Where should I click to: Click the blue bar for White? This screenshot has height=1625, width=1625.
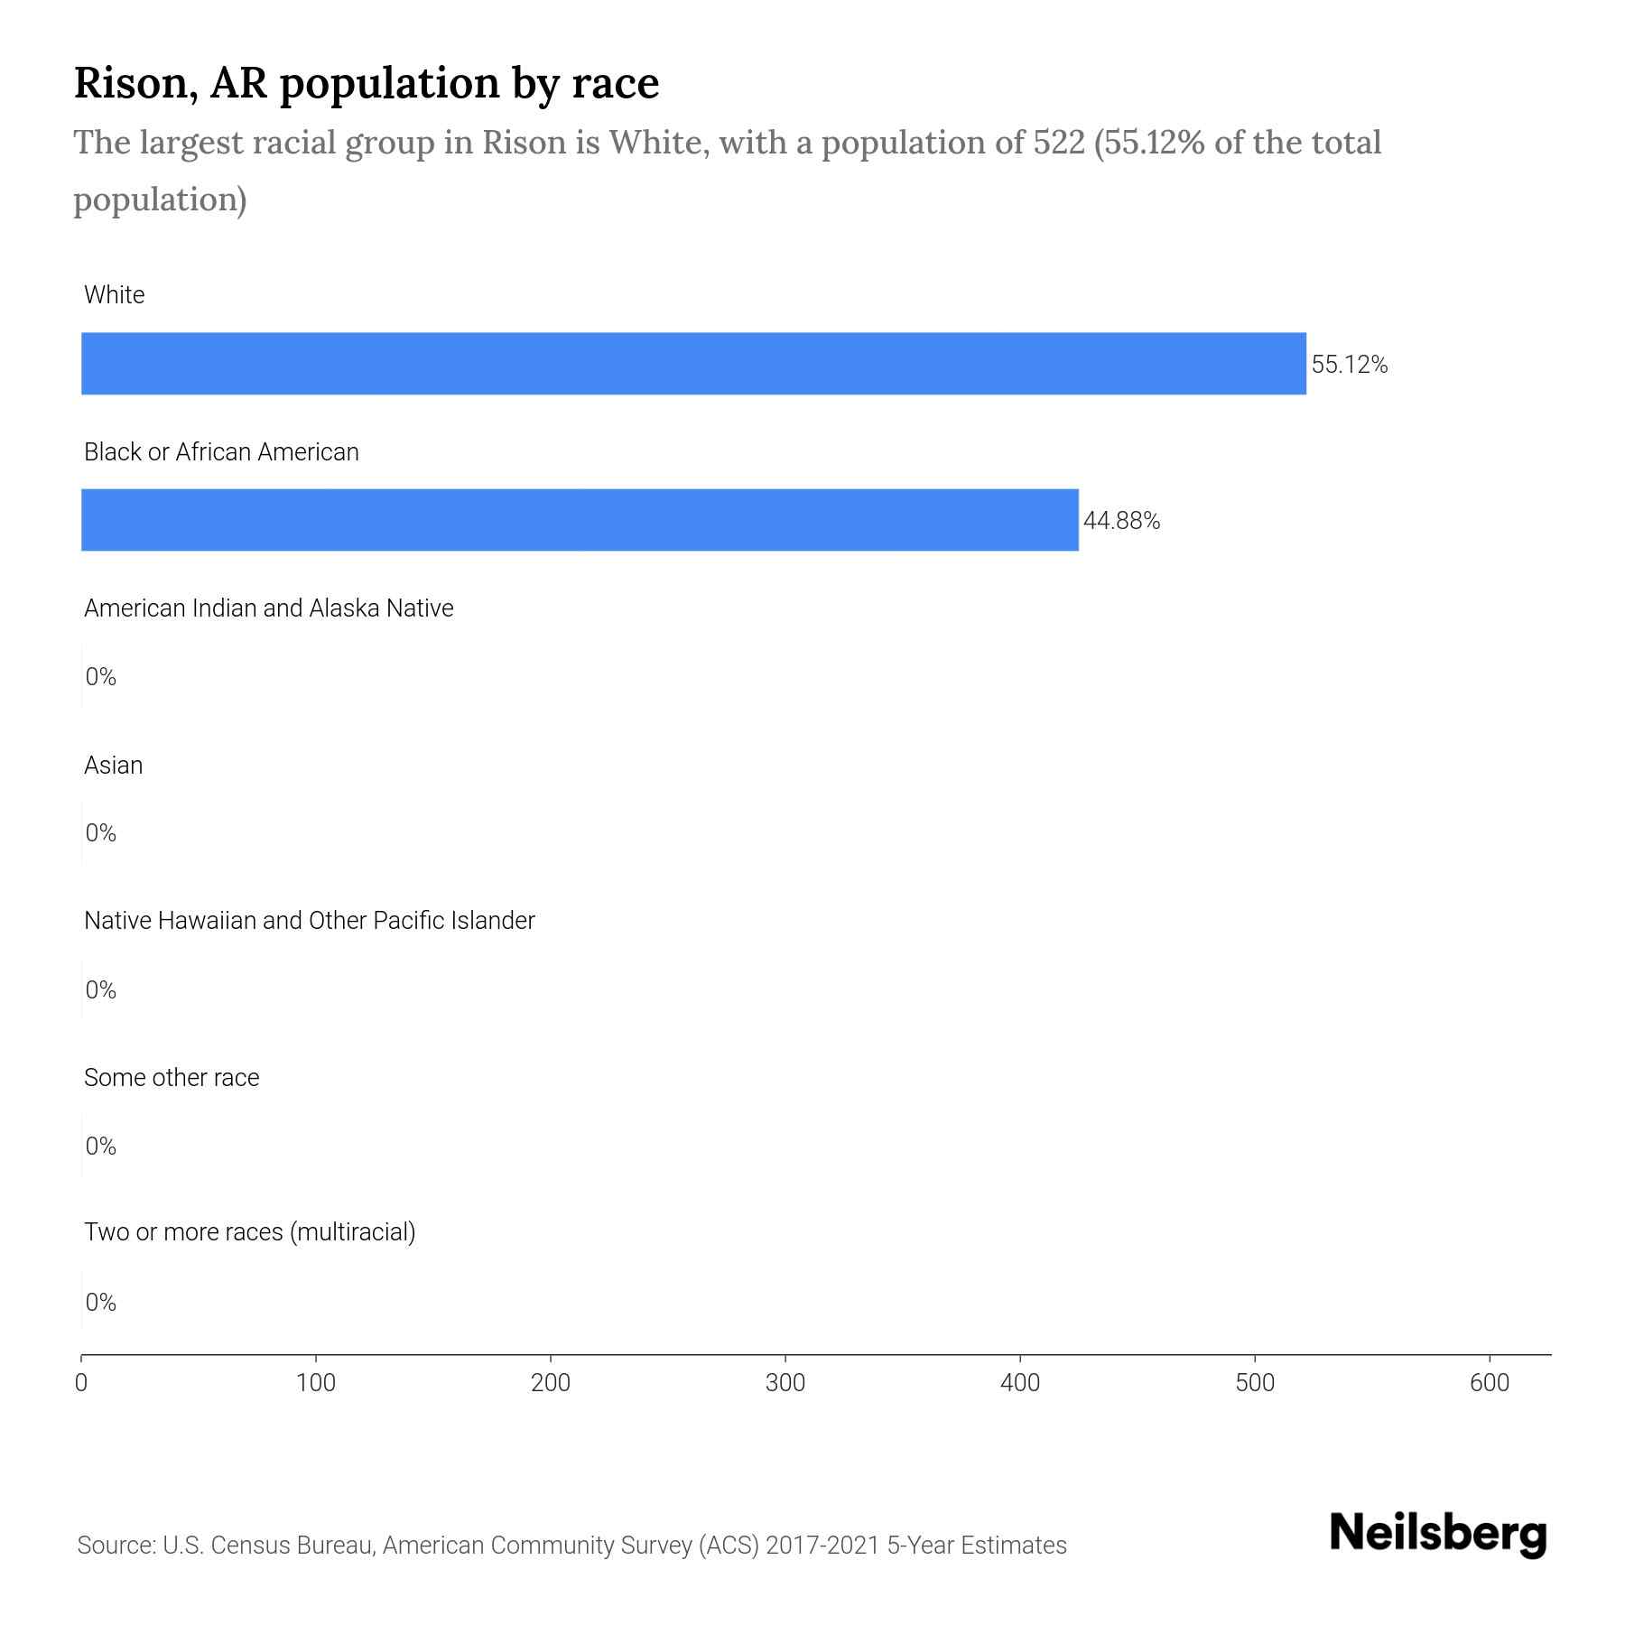693,364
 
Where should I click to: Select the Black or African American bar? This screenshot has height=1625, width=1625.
580,520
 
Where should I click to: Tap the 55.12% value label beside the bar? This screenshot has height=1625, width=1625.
1349,365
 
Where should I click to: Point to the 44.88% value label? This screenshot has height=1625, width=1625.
1121,521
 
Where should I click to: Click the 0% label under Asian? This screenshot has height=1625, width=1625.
100,833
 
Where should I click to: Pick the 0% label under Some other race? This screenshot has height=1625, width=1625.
100,1147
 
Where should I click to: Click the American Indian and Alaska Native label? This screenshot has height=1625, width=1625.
268,608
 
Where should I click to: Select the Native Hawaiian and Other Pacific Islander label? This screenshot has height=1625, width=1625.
309,921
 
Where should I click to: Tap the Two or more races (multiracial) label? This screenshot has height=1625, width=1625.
249,1232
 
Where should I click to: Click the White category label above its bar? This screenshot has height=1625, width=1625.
114,295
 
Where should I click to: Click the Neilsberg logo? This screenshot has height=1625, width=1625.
1438,1534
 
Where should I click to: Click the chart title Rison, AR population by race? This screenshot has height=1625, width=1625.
366,83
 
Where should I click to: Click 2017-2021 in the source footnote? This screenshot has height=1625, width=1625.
822,1546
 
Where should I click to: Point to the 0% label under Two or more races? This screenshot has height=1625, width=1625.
100,1303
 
